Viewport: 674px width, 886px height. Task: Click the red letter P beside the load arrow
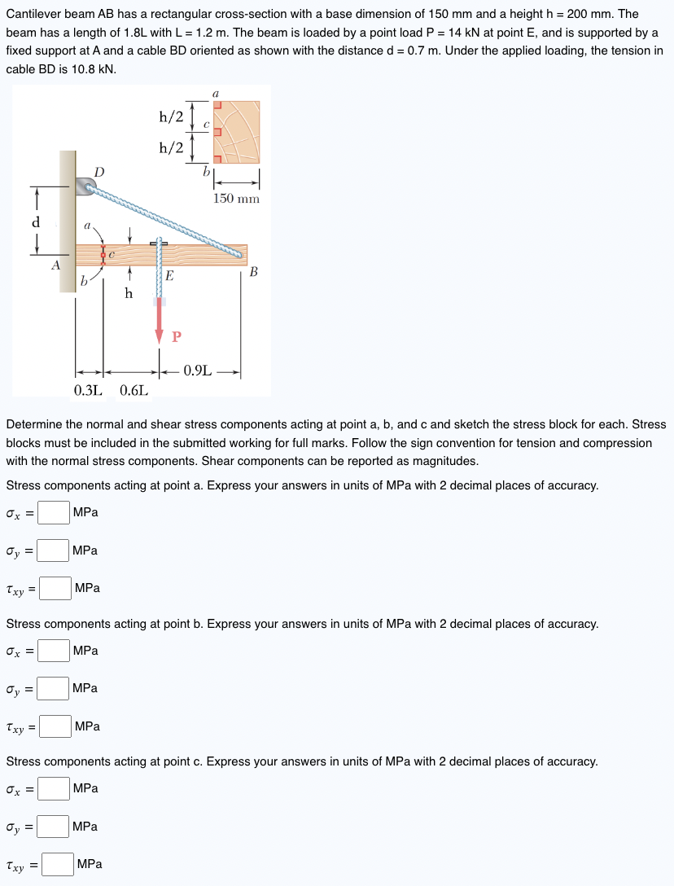point(176,336)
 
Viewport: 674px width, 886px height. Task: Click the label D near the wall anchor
point(98,172)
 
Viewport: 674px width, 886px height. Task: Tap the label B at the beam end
point(253,272)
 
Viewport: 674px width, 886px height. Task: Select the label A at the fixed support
point(55,264)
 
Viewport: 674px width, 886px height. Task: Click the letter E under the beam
point(168,276)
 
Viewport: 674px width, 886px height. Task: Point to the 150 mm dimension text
point(236,199)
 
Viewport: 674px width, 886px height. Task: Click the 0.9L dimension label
point(199,371)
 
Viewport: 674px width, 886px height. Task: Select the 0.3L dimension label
point(89,389)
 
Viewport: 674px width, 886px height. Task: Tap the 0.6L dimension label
point(133,389)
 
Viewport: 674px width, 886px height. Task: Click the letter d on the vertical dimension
point(35,222)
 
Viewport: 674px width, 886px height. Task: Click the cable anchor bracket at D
point(85,187)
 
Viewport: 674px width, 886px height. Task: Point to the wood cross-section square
point(237,131)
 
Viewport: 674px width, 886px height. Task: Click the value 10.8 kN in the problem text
point(89,69)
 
